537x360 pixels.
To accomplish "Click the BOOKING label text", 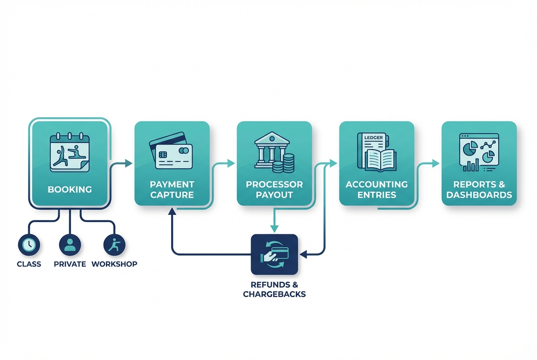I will pos(70,189).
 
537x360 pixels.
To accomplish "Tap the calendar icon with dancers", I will pos(70,153).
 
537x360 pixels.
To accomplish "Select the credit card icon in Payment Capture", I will pos(171,151).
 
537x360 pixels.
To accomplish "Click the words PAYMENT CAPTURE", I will pos(172,190).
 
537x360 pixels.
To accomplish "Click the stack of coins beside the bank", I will pos(284,164).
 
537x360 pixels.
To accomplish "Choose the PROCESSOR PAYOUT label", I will pos(274,190).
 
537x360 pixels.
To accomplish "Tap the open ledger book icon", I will pos(376,152).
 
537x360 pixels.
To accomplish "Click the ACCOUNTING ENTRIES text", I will pos(376,190).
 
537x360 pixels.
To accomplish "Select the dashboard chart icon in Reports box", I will pos(479,152).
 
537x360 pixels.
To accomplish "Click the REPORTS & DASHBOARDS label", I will pos(479,190).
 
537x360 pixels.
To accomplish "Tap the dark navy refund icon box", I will pos(274,254).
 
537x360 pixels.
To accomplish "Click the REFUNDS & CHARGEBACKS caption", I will pos(274,289).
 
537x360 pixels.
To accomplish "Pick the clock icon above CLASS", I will pos(29,245).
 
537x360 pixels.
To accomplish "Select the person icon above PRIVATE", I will pos(70,245).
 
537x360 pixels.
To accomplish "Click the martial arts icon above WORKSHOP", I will pos(114,245).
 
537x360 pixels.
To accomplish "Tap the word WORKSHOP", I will pos(114,264).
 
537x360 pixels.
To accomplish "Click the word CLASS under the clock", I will pos(29,264).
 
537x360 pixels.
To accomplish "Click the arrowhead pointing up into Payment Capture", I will pos(172,211).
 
